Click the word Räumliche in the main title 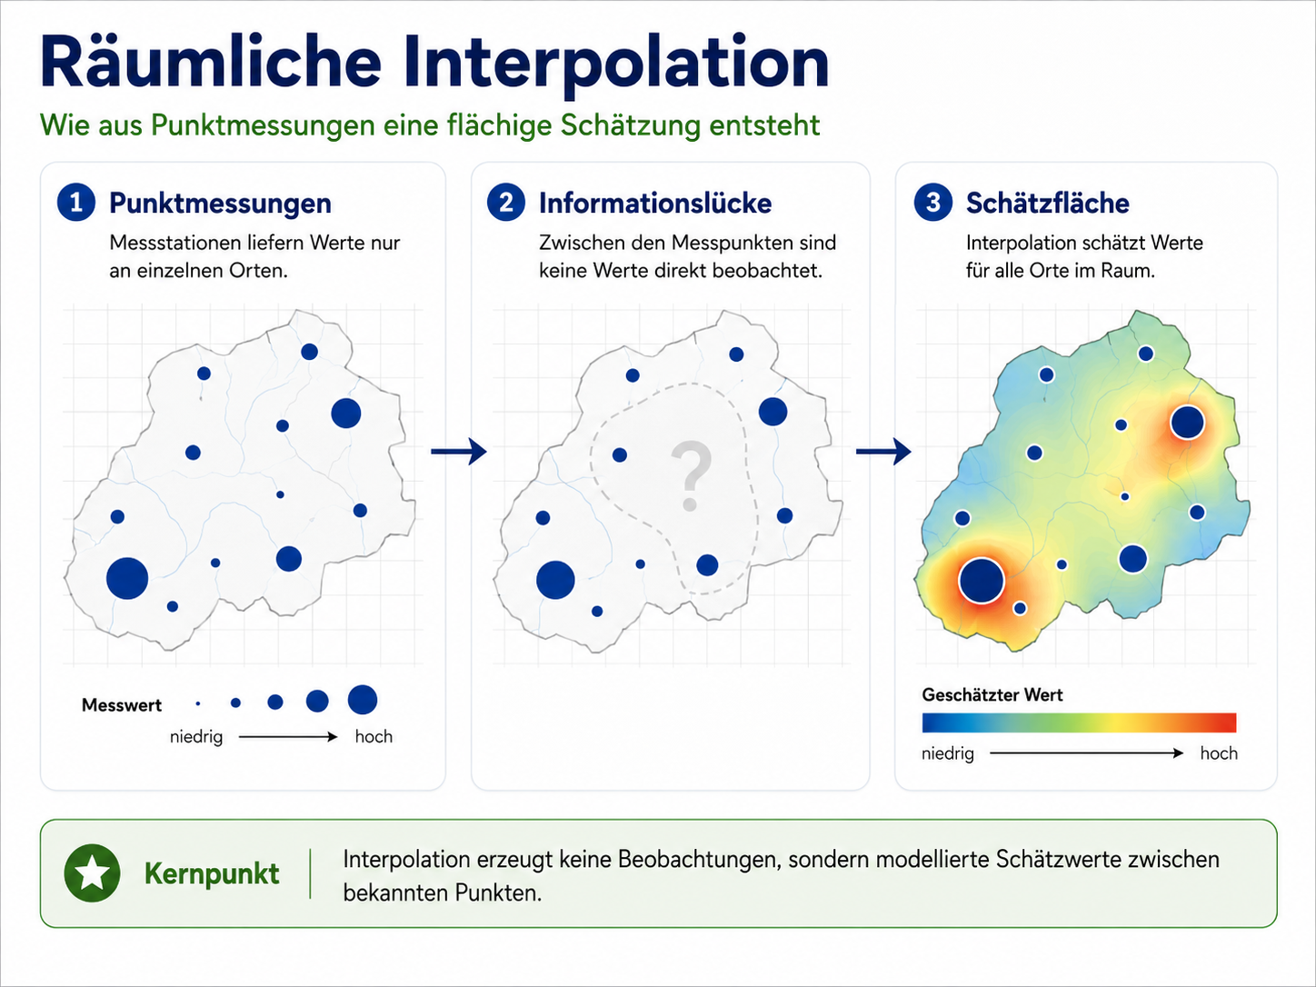click(211, 63)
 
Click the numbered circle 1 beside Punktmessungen click(76, 203)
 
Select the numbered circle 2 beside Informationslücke click(506, 203)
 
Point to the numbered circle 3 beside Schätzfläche click(932, 203)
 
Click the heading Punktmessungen click(220, 204)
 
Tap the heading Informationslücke click(655, 204)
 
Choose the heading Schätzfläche click(1047, 204)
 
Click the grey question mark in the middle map click(691, 476)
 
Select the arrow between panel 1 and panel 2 click(459, 452)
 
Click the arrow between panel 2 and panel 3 click(883, 452)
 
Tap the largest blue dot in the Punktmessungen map click(127, 578)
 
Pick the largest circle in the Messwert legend click(363, 700)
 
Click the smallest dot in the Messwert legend click(198, 703)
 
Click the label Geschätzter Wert click(992, 695)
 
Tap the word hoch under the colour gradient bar click(1219, 753)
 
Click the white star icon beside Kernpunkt click(92, 873)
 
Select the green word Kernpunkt click(212, 874)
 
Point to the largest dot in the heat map click(982, 580)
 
